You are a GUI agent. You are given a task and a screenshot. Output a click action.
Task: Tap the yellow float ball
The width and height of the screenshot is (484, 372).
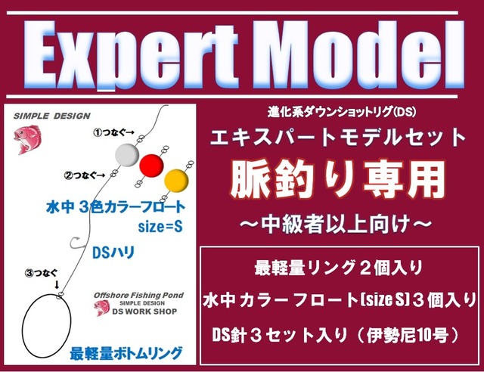tap(176, 181)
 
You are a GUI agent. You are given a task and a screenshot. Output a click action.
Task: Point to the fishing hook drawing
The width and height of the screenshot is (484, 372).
tap(76, 243)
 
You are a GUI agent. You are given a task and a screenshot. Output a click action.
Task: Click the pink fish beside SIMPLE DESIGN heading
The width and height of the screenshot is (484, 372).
tap(27, 139)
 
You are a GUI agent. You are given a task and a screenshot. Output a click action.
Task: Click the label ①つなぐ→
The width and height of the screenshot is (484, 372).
tap(114, 133)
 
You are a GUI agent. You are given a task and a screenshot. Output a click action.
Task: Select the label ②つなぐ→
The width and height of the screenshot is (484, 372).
tap(84, 175)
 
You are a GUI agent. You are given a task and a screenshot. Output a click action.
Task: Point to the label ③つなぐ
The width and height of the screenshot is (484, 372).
tap(42, 273)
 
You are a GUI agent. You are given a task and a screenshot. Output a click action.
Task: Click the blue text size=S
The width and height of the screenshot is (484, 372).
tap(160, 227)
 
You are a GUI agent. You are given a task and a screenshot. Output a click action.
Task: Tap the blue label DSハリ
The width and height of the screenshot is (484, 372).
tap(113, 253)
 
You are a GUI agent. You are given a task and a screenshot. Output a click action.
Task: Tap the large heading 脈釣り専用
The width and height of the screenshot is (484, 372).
tap(338, 180)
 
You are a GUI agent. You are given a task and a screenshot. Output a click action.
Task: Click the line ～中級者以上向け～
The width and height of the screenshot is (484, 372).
tap(336, 224)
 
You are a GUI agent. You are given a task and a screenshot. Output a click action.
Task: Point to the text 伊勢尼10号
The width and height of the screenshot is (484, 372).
tap(408, 335)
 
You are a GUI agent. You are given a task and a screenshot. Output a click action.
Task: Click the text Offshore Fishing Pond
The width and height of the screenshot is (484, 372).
tap(138, 295)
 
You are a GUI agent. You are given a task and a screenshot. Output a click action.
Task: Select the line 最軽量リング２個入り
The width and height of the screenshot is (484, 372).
tap(338, 268)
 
